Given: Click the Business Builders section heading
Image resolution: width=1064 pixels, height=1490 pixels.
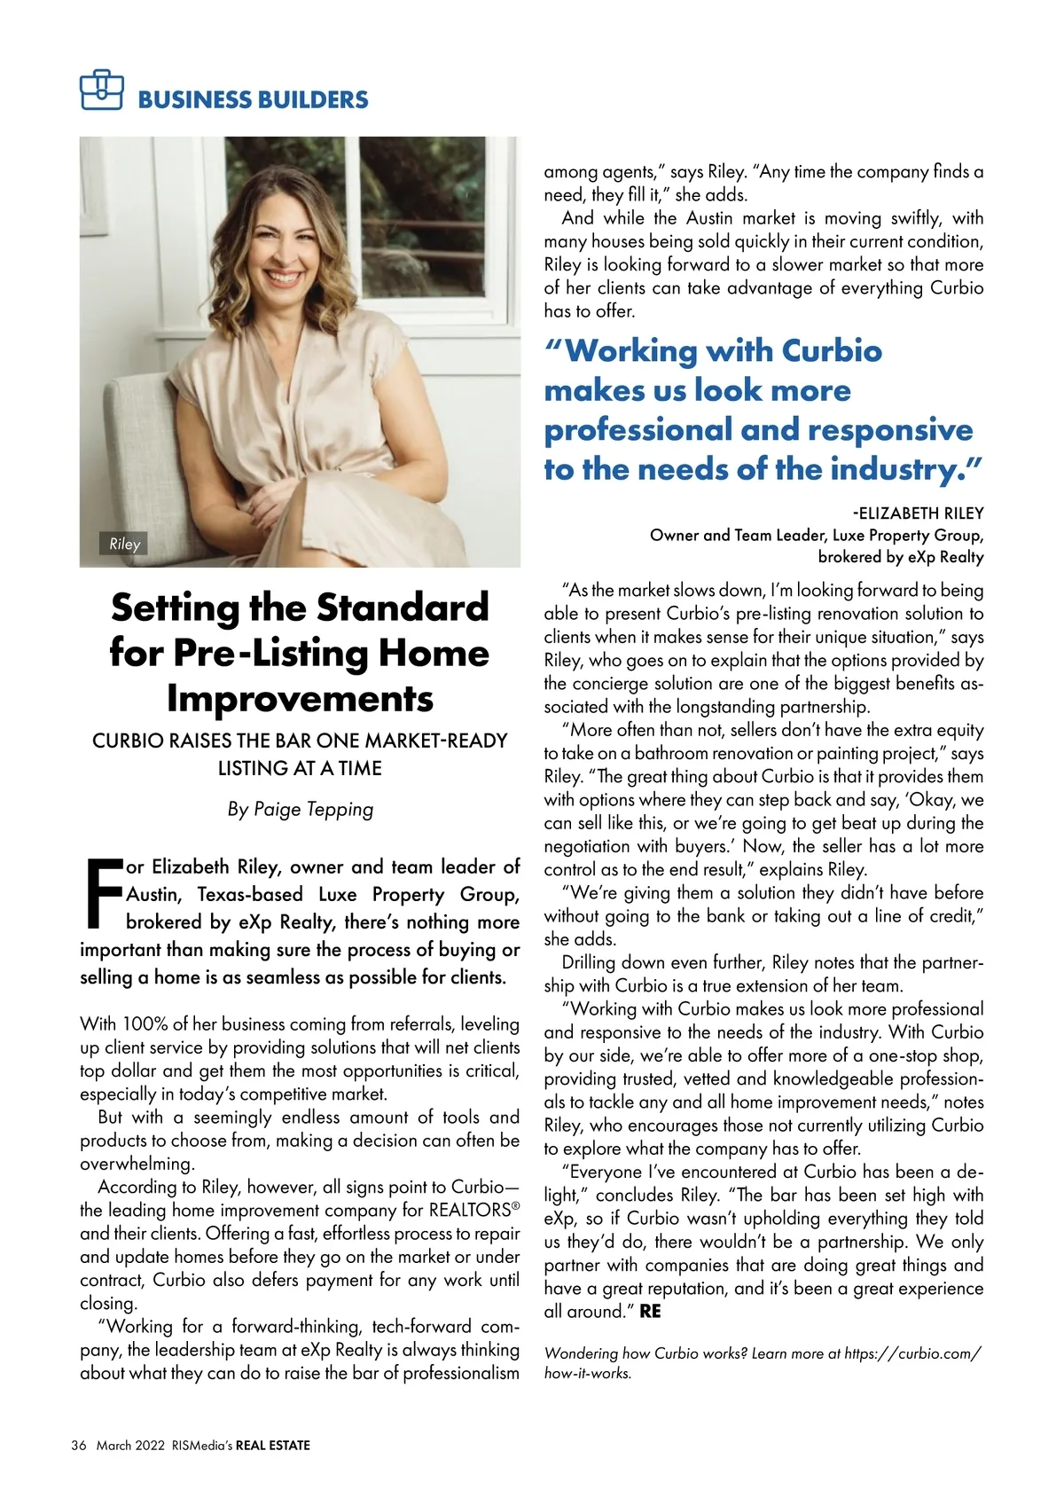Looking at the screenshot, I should pyautogui.click(x=253, y=99).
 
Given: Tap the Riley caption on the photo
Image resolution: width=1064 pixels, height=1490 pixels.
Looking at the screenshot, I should pyautogui.click(x=125, y=544).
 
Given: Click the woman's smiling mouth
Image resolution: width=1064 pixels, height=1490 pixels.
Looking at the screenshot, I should pyautogui.click(x=285, y=277).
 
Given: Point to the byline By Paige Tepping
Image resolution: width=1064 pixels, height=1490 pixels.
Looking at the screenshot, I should pyautogui.click(x=300, y=809).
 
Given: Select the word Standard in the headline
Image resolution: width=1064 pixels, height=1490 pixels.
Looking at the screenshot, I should pyautogui.click(x=403, y=608).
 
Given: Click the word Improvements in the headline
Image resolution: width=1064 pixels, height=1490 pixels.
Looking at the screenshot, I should pyautogui.click(x=300, y=698).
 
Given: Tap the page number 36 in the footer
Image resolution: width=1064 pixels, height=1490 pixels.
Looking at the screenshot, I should pyautogui.click(x=79, y=1445).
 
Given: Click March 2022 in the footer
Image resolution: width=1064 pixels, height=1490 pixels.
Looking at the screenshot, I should pyautogui.click(x=130, y=1445).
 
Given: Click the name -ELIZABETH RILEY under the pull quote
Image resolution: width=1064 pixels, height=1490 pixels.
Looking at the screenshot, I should pyautogui.click(x=918, y=513).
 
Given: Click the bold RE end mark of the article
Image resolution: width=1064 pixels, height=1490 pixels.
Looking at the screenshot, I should pyautogui.click(x=650, y=1311).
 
